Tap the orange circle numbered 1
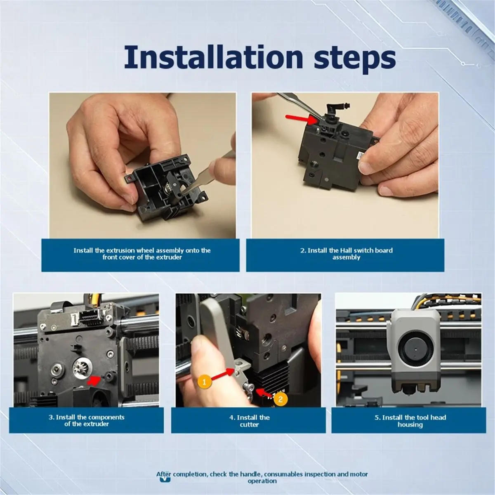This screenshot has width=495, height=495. pyautogui.click(x=204, y=382)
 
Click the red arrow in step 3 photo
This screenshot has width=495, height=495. pyautogui.click(x=94, y=379)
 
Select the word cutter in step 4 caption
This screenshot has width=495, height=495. pyautogui.click(x=249, y=424)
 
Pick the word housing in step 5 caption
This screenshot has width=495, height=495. pyautogui.click(x=410, y=424)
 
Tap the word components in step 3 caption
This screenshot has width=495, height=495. pyautogui.click(x=106, y=417)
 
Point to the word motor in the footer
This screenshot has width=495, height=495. pyautogui.click(x=359, y=474)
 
